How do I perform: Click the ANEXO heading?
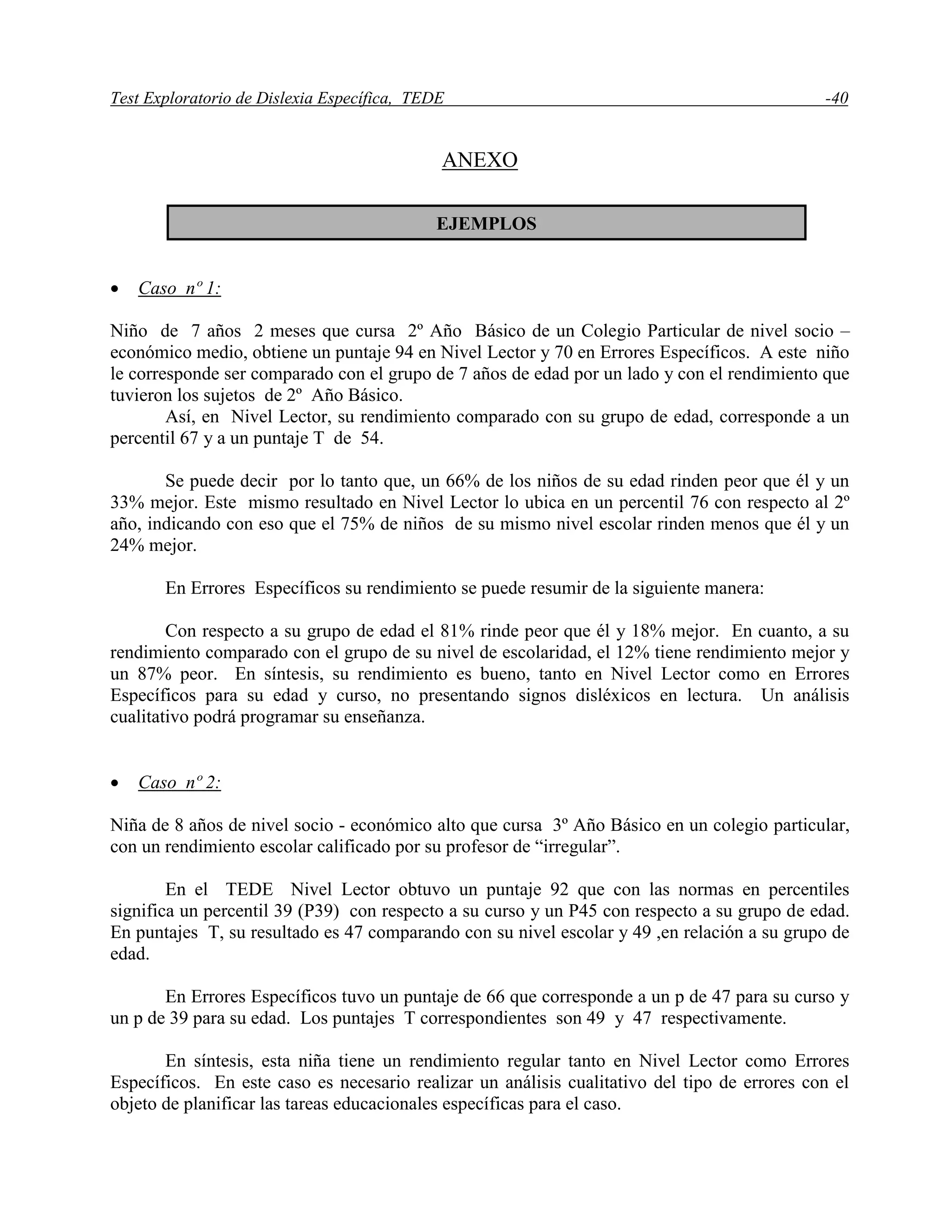(479, 161)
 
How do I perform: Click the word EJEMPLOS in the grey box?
(486, 224)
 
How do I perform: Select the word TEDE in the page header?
(423, 98)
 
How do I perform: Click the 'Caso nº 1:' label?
(179, 288)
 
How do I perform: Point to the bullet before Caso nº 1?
(115, 290)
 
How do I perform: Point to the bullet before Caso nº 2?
(115, 784)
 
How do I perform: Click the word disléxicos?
(613, 696)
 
